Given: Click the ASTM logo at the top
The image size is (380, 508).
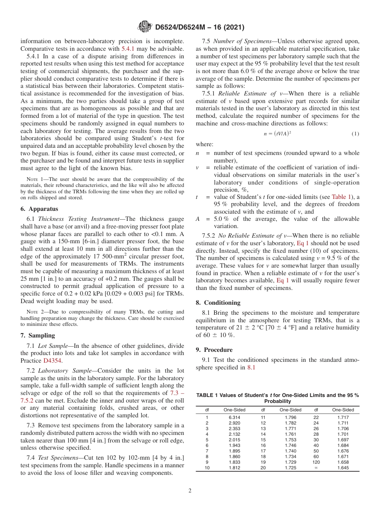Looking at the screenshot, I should (x=144, y=27).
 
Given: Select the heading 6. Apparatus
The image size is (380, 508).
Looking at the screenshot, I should (x=39, y=209).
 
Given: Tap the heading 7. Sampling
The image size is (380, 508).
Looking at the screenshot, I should (x=38, y=335).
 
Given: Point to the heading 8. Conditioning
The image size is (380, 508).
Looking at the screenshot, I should (x=218, y=303).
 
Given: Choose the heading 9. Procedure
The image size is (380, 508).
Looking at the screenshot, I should (x=214, y=350).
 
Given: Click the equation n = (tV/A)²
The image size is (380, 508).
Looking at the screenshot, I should (x=277, y=134).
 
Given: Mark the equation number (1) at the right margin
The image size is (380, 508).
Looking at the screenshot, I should (x=355, y=134).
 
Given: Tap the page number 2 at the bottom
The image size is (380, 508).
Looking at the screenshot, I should (x=190, y=491).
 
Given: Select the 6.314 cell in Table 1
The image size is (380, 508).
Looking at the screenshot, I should (x=234, y=417).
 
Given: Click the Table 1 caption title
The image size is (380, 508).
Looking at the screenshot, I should (x=277, y=398).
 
